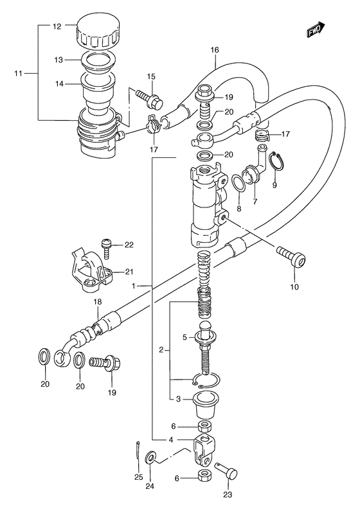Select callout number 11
[x=18, y=73]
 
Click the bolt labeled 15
[x=151, y=98]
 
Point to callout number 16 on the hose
[x=215, y=50]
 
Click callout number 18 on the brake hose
[x=98, y=302]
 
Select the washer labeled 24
[x=150, y=457]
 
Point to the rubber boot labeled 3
[x=206, y=405]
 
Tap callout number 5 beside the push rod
[x=184, y=338]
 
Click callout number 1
[x=134, y=286]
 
